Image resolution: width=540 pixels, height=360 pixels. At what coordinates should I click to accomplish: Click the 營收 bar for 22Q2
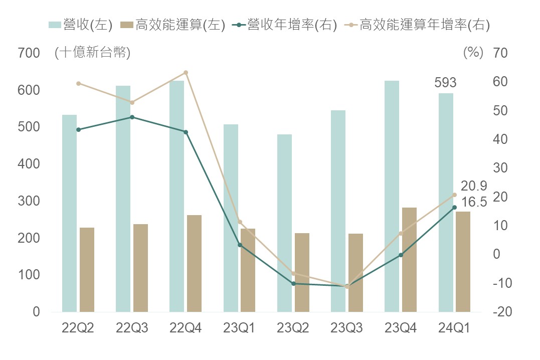(x=69, y=213)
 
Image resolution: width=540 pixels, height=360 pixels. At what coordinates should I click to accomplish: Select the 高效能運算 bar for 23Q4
(x=410, y=259)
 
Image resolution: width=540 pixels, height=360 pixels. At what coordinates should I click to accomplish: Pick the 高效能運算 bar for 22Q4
(x=194, y=263)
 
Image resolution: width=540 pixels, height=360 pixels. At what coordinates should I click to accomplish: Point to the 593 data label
(x=446, y=83)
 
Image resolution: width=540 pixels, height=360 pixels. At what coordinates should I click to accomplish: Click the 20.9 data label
(x=474, y=187)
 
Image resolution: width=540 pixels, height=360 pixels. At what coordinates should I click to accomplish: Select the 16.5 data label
(x=474, y=203)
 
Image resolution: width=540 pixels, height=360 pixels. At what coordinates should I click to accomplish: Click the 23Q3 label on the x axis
(x=346, y=328)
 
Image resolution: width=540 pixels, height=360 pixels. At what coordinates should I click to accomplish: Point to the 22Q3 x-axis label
(x=132, y=328)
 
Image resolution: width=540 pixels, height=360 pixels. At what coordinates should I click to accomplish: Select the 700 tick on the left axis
(x=29, y=53)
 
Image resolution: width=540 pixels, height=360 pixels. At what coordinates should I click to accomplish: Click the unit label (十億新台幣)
(x=92, y=53)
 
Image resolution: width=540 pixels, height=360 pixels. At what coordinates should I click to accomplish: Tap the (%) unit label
(x=473, y=53)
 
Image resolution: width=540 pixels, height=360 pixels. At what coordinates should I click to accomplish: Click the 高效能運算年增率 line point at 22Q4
(x=186, y=73)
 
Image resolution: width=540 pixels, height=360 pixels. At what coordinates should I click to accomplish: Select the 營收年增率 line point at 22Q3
(x=132, y=117)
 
